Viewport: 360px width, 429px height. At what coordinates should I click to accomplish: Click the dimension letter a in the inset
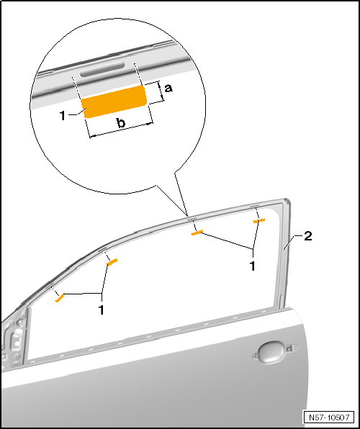click(x=168, y=88)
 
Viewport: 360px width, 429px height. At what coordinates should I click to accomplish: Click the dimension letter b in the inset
click(x=121, y=122)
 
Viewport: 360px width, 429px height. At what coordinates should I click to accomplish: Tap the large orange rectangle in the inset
click(x=114, y=101)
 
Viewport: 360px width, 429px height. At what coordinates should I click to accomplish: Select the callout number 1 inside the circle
click(x=63, y=116)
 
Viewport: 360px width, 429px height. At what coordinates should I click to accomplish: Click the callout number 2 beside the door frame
click(x=308, y=236)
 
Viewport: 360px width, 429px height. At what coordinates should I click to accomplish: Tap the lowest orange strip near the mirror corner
click(x=60, y=298)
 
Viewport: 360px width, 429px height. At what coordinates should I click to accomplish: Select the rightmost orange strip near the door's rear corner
click(x=259, y=220)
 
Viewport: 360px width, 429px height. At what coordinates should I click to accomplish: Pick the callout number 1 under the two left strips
click(x=102, y=310)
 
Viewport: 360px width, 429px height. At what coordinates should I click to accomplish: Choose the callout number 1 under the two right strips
click(x=253, y=266)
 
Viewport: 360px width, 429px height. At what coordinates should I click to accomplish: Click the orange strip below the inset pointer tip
click(x=197, y=232)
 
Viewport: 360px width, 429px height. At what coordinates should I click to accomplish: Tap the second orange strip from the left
click(x=112, y=262)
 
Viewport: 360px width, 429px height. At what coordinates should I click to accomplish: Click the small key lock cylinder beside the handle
click(x=289, y=348)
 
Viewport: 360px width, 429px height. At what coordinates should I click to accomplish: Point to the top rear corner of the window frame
click(x=287, y=199)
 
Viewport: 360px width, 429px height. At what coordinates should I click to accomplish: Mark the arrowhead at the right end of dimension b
click(x=150, y=124)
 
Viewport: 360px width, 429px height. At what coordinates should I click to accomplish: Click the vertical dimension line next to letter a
click(x=161, y=91)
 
